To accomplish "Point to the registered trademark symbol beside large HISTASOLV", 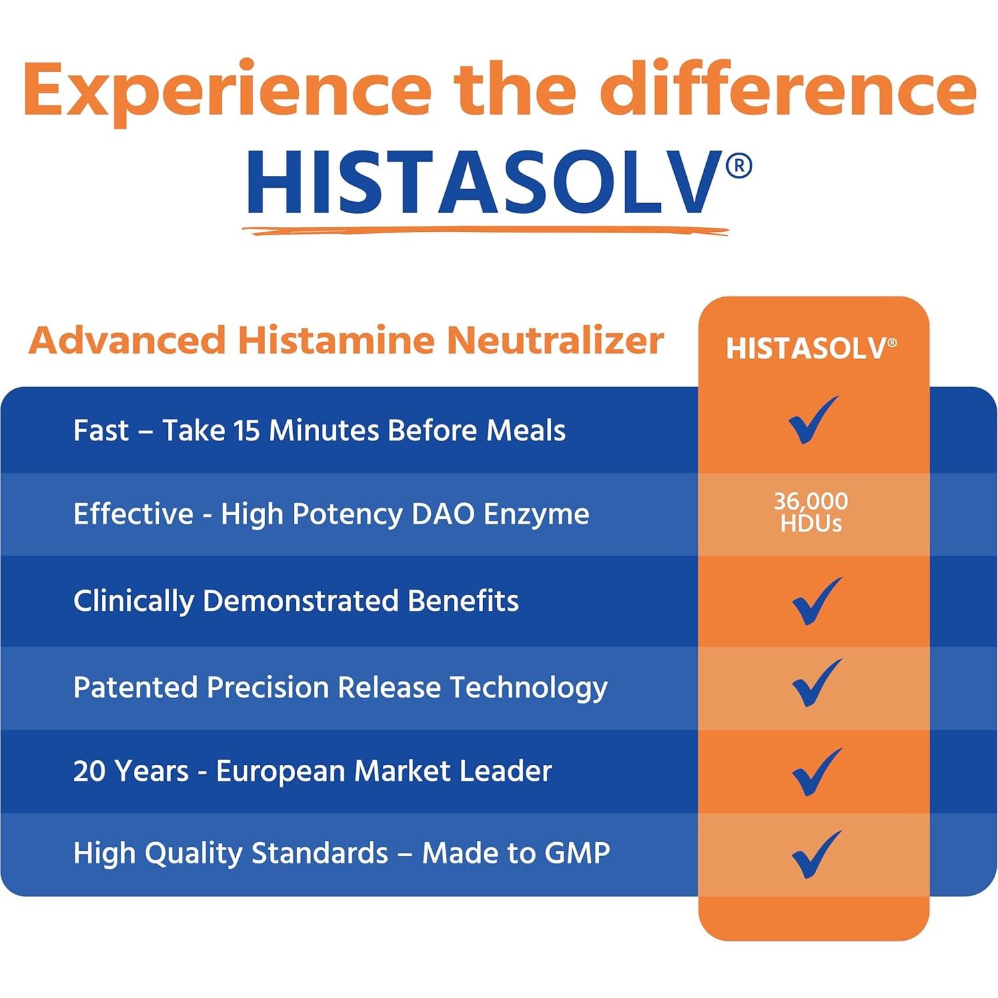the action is tap(738, 165).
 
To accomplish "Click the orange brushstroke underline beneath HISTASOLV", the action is tap(485, 231).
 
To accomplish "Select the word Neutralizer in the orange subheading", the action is tap(555, 340).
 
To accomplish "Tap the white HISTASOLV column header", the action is tap(811, 348).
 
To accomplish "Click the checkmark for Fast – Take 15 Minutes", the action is tap(813, 420).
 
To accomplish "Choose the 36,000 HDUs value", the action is tap(811, 512).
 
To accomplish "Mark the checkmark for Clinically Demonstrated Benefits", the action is tap(817, 601).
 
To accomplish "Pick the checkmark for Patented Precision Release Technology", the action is tap(817, 683).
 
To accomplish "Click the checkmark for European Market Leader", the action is tap(817, 772).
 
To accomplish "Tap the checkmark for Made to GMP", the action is tap(817, 855).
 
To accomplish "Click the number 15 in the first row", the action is tap(247, 430).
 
